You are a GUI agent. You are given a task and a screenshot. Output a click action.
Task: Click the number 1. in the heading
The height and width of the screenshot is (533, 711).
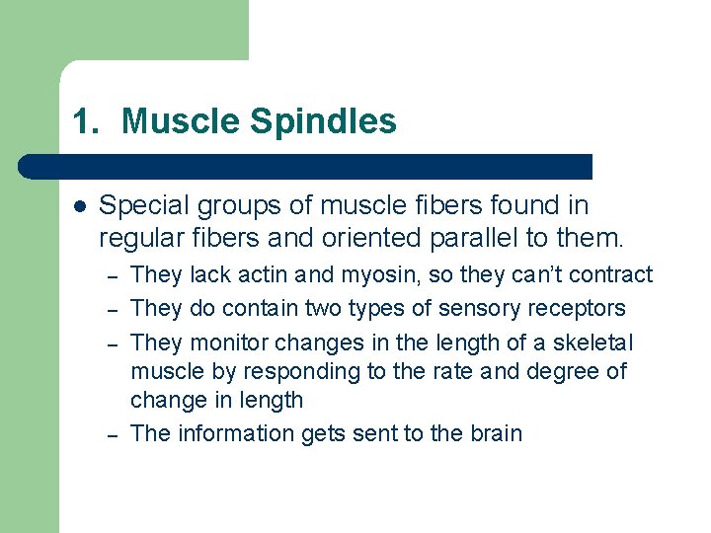coord(86,122)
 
